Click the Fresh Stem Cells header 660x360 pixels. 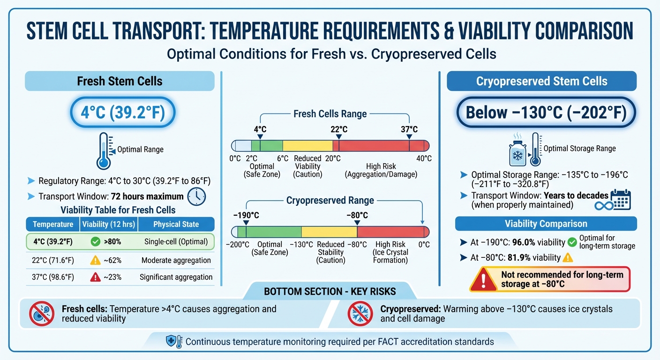tap(120, 81)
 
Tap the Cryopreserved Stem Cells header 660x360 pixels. tap(541, 81)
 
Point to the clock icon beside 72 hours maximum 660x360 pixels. tap(196, 196)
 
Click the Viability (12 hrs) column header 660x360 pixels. tap(109, 224)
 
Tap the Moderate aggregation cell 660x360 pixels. tap(176, 260)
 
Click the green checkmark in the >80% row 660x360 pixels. tap(95, 242)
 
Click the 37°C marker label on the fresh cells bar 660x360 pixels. tap(409, 129)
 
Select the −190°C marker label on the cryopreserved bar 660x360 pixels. tap(246, 216)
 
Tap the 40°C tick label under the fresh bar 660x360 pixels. tap(424, 159)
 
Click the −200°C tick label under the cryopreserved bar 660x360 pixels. tap(237, 245)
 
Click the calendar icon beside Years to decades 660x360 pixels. tap(622, 199)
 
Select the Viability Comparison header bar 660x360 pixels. tap(546, 224)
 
